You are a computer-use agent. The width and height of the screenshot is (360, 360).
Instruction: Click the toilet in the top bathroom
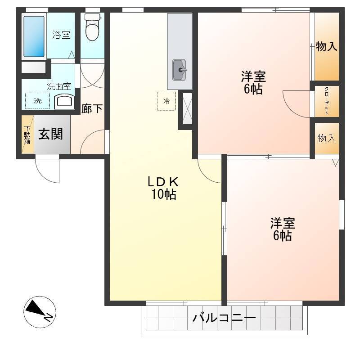92,27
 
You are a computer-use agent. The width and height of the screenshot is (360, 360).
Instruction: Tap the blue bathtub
34,36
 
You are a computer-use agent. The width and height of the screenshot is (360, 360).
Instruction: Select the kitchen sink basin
179,70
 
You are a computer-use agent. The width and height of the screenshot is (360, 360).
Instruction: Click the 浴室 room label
61,35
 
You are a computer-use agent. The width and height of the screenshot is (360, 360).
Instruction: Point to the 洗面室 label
59,86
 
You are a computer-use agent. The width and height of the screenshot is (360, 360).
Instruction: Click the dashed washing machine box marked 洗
38,100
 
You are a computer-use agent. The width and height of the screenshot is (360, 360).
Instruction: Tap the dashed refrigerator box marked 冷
166,101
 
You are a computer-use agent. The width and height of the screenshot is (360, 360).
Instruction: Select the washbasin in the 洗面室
64,103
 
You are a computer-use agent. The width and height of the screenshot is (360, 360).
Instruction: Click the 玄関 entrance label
50,134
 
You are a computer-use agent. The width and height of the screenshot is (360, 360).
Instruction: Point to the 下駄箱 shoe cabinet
27,135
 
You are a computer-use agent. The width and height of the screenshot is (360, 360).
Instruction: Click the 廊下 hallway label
92,108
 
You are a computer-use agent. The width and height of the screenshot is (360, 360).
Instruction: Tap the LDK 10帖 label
163,188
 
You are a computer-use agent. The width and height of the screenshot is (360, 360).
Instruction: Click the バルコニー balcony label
224,318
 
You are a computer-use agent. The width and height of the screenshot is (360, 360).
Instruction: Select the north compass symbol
40,312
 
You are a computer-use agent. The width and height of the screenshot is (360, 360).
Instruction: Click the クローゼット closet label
327,101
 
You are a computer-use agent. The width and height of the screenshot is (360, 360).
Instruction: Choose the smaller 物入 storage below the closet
327,138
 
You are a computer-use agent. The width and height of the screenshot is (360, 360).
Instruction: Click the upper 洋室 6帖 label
253,83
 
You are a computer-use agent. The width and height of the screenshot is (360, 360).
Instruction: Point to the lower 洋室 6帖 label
283,229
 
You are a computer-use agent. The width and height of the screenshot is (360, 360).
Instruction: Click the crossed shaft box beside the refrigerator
188,108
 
